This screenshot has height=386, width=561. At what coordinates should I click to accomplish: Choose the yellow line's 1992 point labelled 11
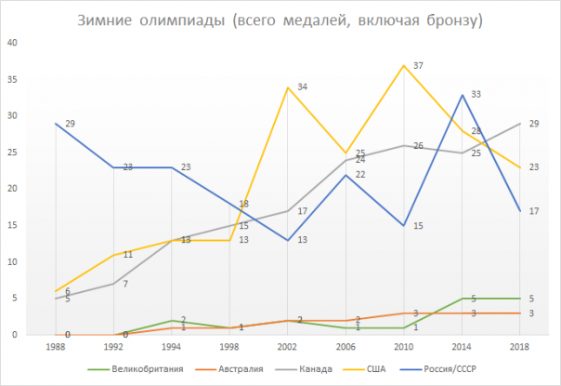coord(113,255)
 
